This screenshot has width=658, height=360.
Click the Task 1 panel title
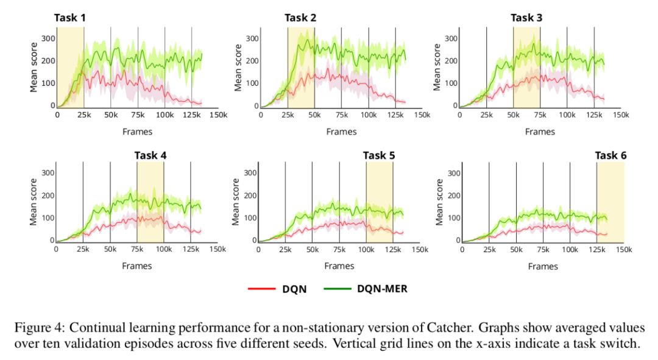pyautogui.click(x=70, y=17)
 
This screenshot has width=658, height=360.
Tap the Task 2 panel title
pyautogui.click(x=300, y=17)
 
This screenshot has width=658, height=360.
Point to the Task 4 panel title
pyautogui.click(x=150, y=155)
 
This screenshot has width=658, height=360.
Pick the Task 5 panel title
pyautogui.click(x=379, y=155)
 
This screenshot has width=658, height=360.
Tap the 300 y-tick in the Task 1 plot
pyautogui.click(x=46, y=38)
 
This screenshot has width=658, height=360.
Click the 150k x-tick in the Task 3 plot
pyautogui.click(x=621, y=115)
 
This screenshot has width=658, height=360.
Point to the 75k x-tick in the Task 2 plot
pyautogui.click(x=341, y=115)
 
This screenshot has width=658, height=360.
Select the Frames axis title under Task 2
pyautogui.click(x=341, y=131)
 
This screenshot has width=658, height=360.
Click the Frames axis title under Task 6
pyautogui.click(x=542, y=266)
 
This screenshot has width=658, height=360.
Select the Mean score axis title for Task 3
pyautogui.click(x=437, y=68)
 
